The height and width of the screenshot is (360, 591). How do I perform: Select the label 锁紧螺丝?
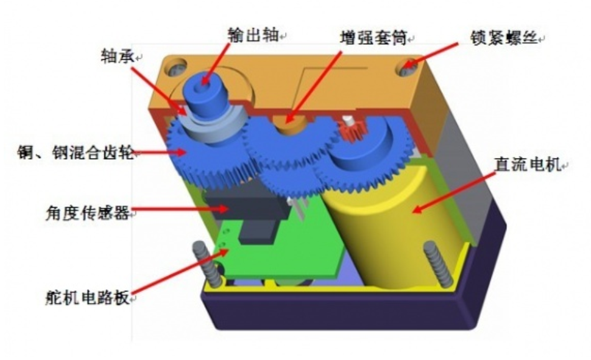(506, 37)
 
